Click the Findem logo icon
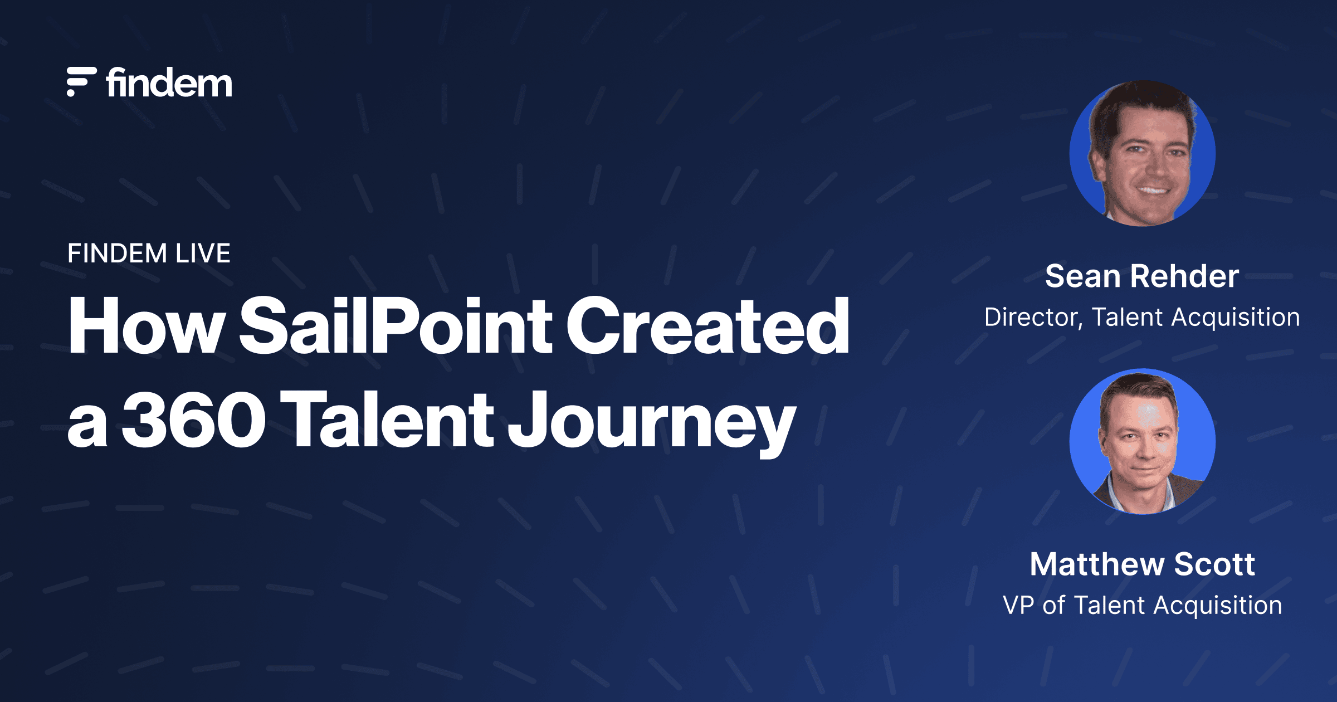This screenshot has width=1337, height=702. tap(81, 82)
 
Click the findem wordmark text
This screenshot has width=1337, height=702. tap(169, 83)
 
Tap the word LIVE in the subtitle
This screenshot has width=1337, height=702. tap(203, 253)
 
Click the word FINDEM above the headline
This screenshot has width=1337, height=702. tap(117, 253)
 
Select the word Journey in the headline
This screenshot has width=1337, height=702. tap(652, 423)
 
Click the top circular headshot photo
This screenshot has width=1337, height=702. tap(1142, 153)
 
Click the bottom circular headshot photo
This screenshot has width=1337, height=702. tap(1142, 441)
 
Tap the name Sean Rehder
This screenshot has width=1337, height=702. tap(1142, 276)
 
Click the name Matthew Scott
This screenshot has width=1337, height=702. tap(1142, 564)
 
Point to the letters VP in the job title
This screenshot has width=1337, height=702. tap(1018, 606)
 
